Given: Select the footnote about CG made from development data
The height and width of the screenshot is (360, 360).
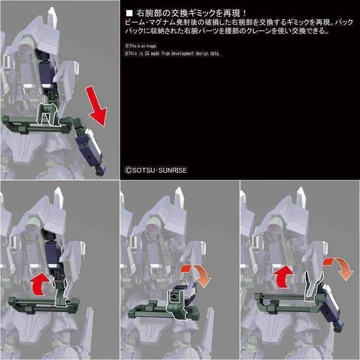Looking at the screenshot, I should pos(173,53).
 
